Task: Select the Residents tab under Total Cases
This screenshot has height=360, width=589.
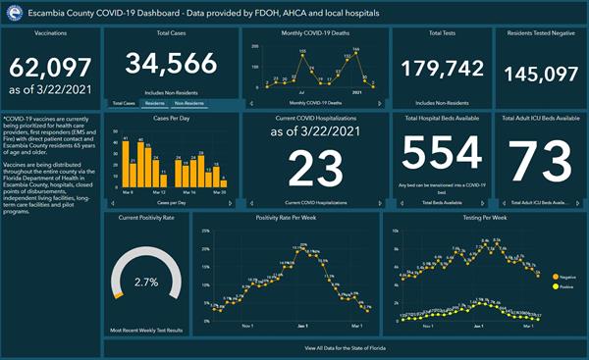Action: [x=154, y=102]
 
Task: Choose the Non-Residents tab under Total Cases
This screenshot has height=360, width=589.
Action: [x=191, y=102]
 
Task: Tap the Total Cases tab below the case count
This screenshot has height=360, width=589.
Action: [x=123, y=102]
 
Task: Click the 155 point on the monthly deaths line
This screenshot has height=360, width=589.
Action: [x=302, y=54]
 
